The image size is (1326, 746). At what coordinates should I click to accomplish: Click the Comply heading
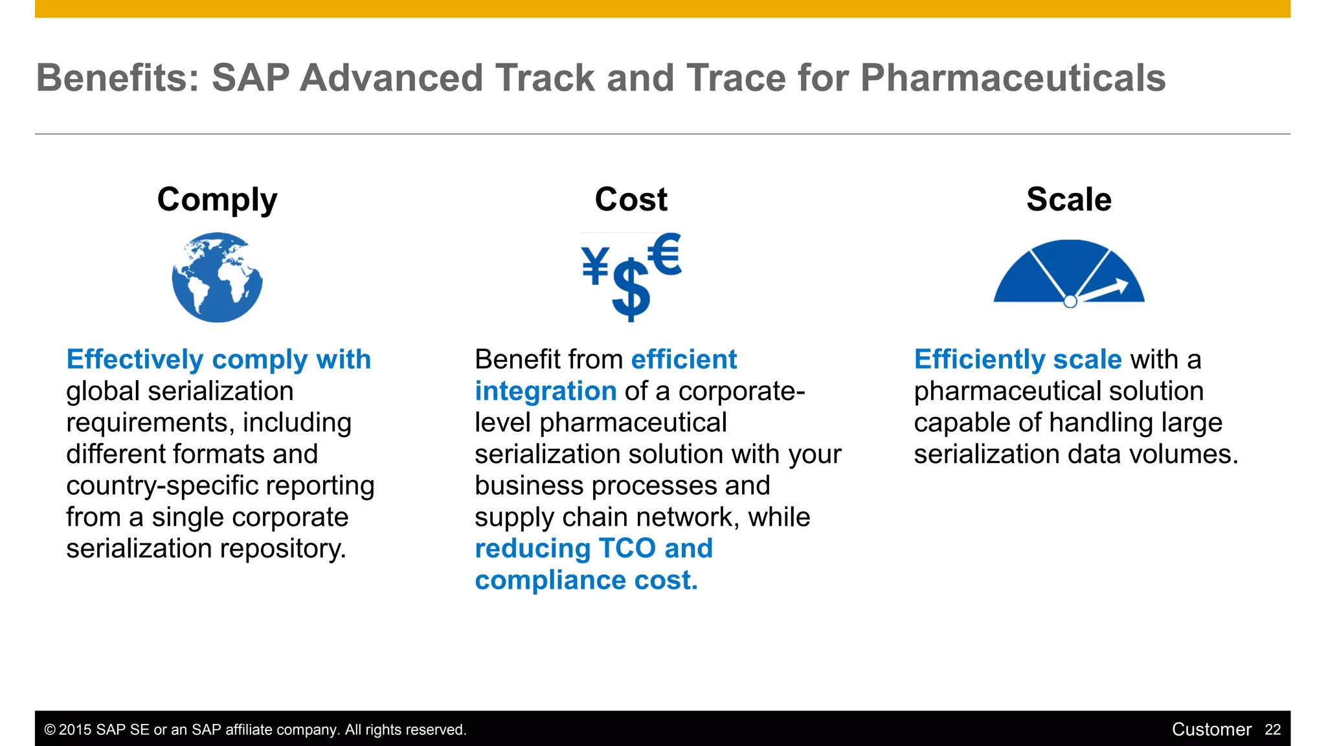217,199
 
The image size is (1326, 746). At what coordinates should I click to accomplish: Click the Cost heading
631,199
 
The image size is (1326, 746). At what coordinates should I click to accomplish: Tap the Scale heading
1068,199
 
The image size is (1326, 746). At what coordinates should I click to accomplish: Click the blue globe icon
217,278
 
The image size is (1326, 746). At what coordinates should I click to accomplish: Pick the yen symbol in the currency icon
595,266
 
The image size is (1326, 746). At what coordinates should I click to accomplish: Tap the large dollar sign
630,290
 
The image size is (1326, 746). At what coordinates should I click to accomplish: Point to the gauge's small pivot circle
1070,301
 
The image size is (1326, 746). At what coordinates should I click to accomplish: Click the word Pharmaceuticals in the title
1013,78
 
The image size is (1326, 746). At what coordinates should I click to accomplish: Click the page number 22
1272,730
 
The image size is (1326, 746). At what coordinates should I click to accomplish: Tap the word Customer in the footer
1211,730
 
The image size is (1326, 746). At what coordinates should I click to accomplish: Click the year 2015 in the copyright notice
75,730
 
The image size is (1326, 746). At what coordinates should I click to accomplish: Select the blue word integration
545,391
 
